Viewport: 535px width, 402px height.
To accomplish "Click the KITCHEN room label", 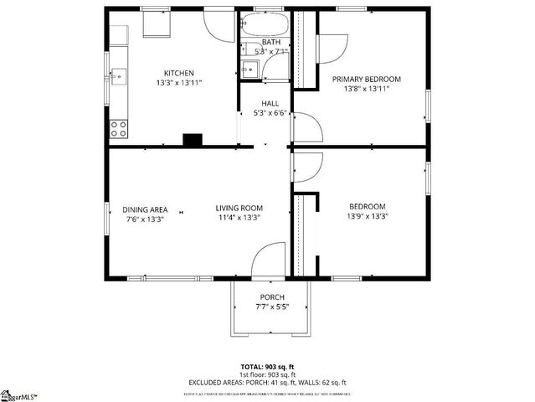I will click(178, 73).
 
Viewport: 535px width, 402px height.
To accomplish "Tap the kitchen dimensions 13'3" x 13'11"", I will click(178, 84).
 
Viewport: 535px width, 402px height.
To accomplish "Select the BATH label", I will click(271, 42).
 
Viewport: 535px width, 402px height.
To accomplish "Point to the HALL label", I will click(270, 104).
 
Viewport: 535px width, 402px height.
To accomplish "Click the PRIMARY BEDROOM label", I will click(366, 80).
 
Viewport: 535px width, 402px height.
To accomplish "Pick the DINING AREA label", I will click(146, 209).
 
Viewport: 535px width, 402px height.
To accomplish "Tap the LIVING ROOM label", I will click(239, 209).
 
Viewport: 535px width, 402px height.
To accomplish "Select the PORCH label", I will click(271, 297).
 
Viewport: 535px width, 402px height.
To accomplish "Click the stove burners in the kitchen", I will click(118, 128).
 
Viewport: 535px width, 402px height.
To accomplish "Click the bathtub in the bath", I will click(264, 23).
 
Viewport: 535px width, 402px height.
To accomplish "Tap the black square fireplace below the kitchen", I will click(193, 140).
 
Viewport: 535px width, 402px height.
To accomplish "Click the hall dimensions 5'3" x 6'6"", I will click(270, 113).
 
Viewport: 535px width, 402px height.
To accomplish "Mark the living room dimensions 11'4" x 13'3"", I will click(239, 219).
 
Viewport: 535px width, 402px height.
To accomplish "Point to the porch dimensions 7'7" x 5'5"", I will click(271, 307).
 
